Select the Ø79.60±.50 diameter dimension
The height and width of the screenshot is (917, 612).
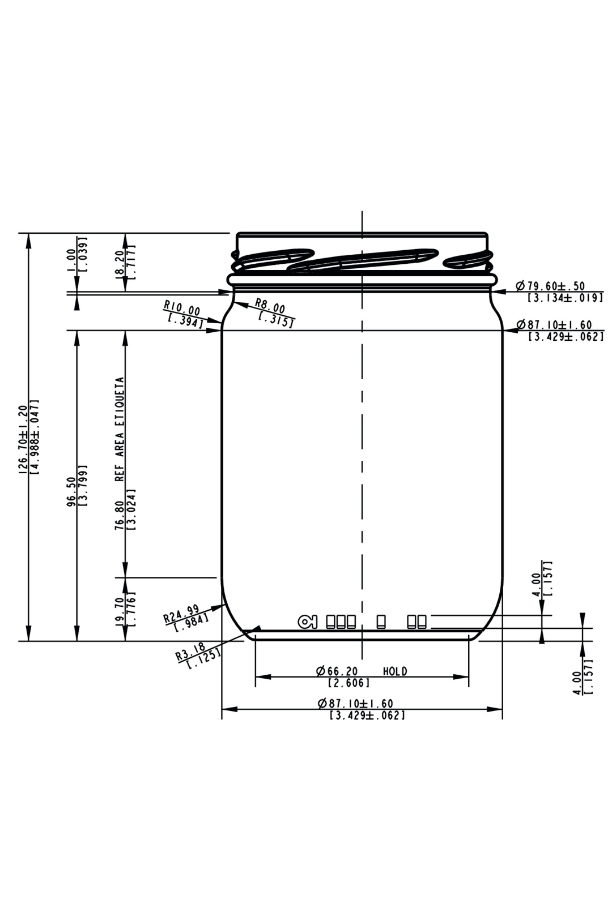pos(551,286)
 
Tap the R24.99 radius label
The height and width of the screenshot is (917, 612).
pos(181,612)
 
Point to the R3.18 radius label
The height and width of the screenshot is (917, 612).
pos(191,652)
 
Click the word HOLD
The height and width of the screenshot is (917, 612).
pos(395,671)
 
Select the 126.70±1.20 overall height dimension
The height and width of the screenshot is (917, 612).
pos(23,439)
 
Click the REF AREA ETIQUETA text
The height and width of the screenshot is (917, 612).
pos(120,428)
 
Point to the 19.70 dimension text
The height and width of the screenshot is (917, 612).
pos(120,609)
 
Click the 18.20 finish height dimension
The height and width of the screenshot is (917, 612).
pos(120,262)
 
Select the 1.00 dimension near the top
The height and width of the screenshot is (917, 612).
pos(71,260)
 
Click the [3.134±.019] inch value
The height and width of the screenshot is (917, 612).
pos(565,298)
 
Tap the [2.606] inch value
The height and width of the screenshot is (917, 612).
pos(348,683)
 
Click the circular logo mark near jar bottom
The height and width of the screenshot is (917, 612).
pos(307,622)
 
